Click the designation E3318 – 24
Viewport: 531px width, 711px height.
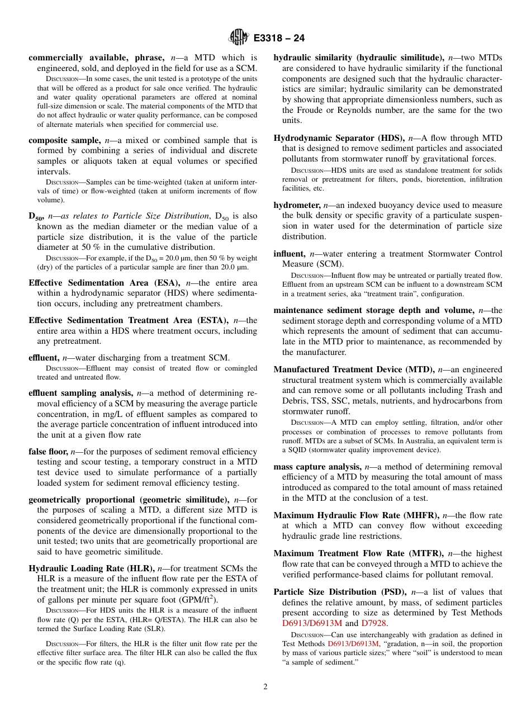pyautogui.click(x=279, y=39)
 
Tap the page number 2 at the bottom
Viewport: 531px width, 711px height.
pyautogui.click(x=265, y=687)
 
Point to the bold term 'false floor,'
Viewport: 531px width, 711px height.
pyautogui.click(x=48, y=451)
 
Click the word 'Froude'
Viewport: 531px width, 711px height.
pyautogui.click(x=308, y=110)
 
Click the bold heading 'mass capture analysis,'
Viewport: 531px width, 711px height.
pyautogui.click(x=317, y=466)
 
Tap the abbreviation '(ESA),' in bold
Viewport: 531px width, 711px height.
pyautogui.click(x=168, y=283)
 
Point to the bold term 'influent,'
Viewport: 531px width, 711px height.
pyautogui.click(x=289, y=254)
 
